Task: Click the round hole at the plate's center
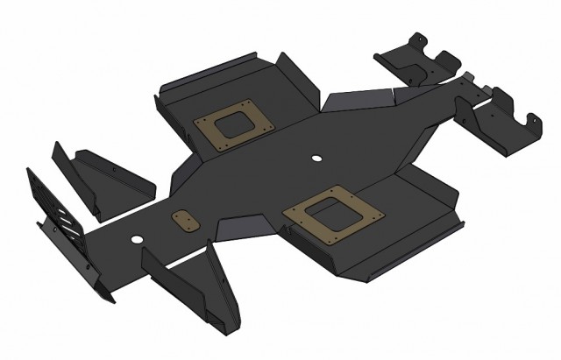point(315,159)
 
